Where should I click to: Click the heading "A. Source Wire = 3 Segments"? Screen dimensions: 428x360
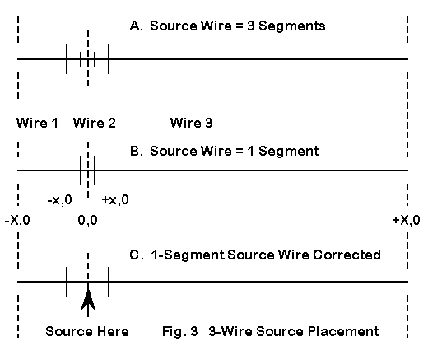coord(228,26)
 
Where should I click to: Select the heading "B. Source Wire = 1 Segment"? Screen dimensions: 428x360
coord(225,152)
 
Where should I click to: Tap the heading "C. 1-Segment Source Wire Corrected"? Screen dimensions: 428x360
coord(255,255)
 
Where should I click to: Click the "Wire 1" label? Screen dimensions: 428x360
coord(37,123)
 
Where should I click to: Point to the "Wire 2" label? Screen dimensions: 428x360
coord(95,123)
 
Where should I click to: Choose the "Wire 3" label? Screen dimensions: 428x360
coord(192,123)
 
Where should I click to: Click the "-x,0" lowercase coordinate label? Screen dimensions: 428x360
coord(60,199)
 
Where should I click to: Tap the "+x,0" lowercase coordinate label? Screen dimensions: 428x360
coord(115,199)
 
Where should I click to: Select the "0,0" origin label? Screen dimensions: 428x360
coord(88,220)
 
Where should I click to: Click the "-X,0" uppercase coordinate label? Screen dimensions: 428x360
coord(17,220)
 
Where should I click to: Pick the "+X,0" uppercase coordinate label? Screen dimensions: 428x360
coord(407,220)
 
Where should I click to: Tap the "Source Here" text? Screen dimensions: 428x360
coord(87,331)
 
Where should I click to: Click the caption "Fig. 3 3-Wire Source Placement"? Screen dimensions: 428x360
coord(271,331)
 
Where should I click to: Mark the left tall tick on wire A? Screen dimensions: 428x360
coord(67,59)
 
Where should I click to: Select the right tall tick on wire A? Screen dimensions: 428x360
coord(109,59)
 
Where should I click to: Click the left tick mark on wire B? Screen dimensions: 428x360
coord(81,171)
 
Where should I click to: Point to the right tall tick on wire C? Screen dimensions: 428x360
coord(109,282)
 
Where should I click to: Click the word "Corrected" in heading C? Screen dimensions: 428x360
coord(347,255)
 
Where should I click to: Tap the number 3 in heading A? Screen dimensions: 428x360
coord(250,26)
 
